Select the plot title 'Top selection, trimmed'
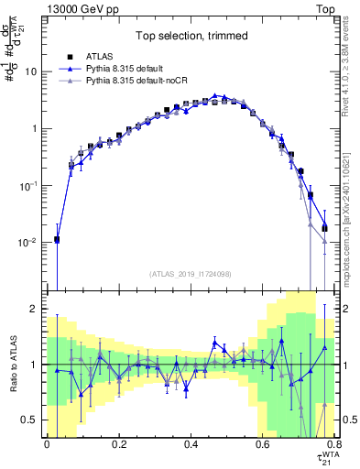click(x=188, y=34)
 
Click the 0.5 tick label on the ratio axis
click(x=31, y=420)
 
